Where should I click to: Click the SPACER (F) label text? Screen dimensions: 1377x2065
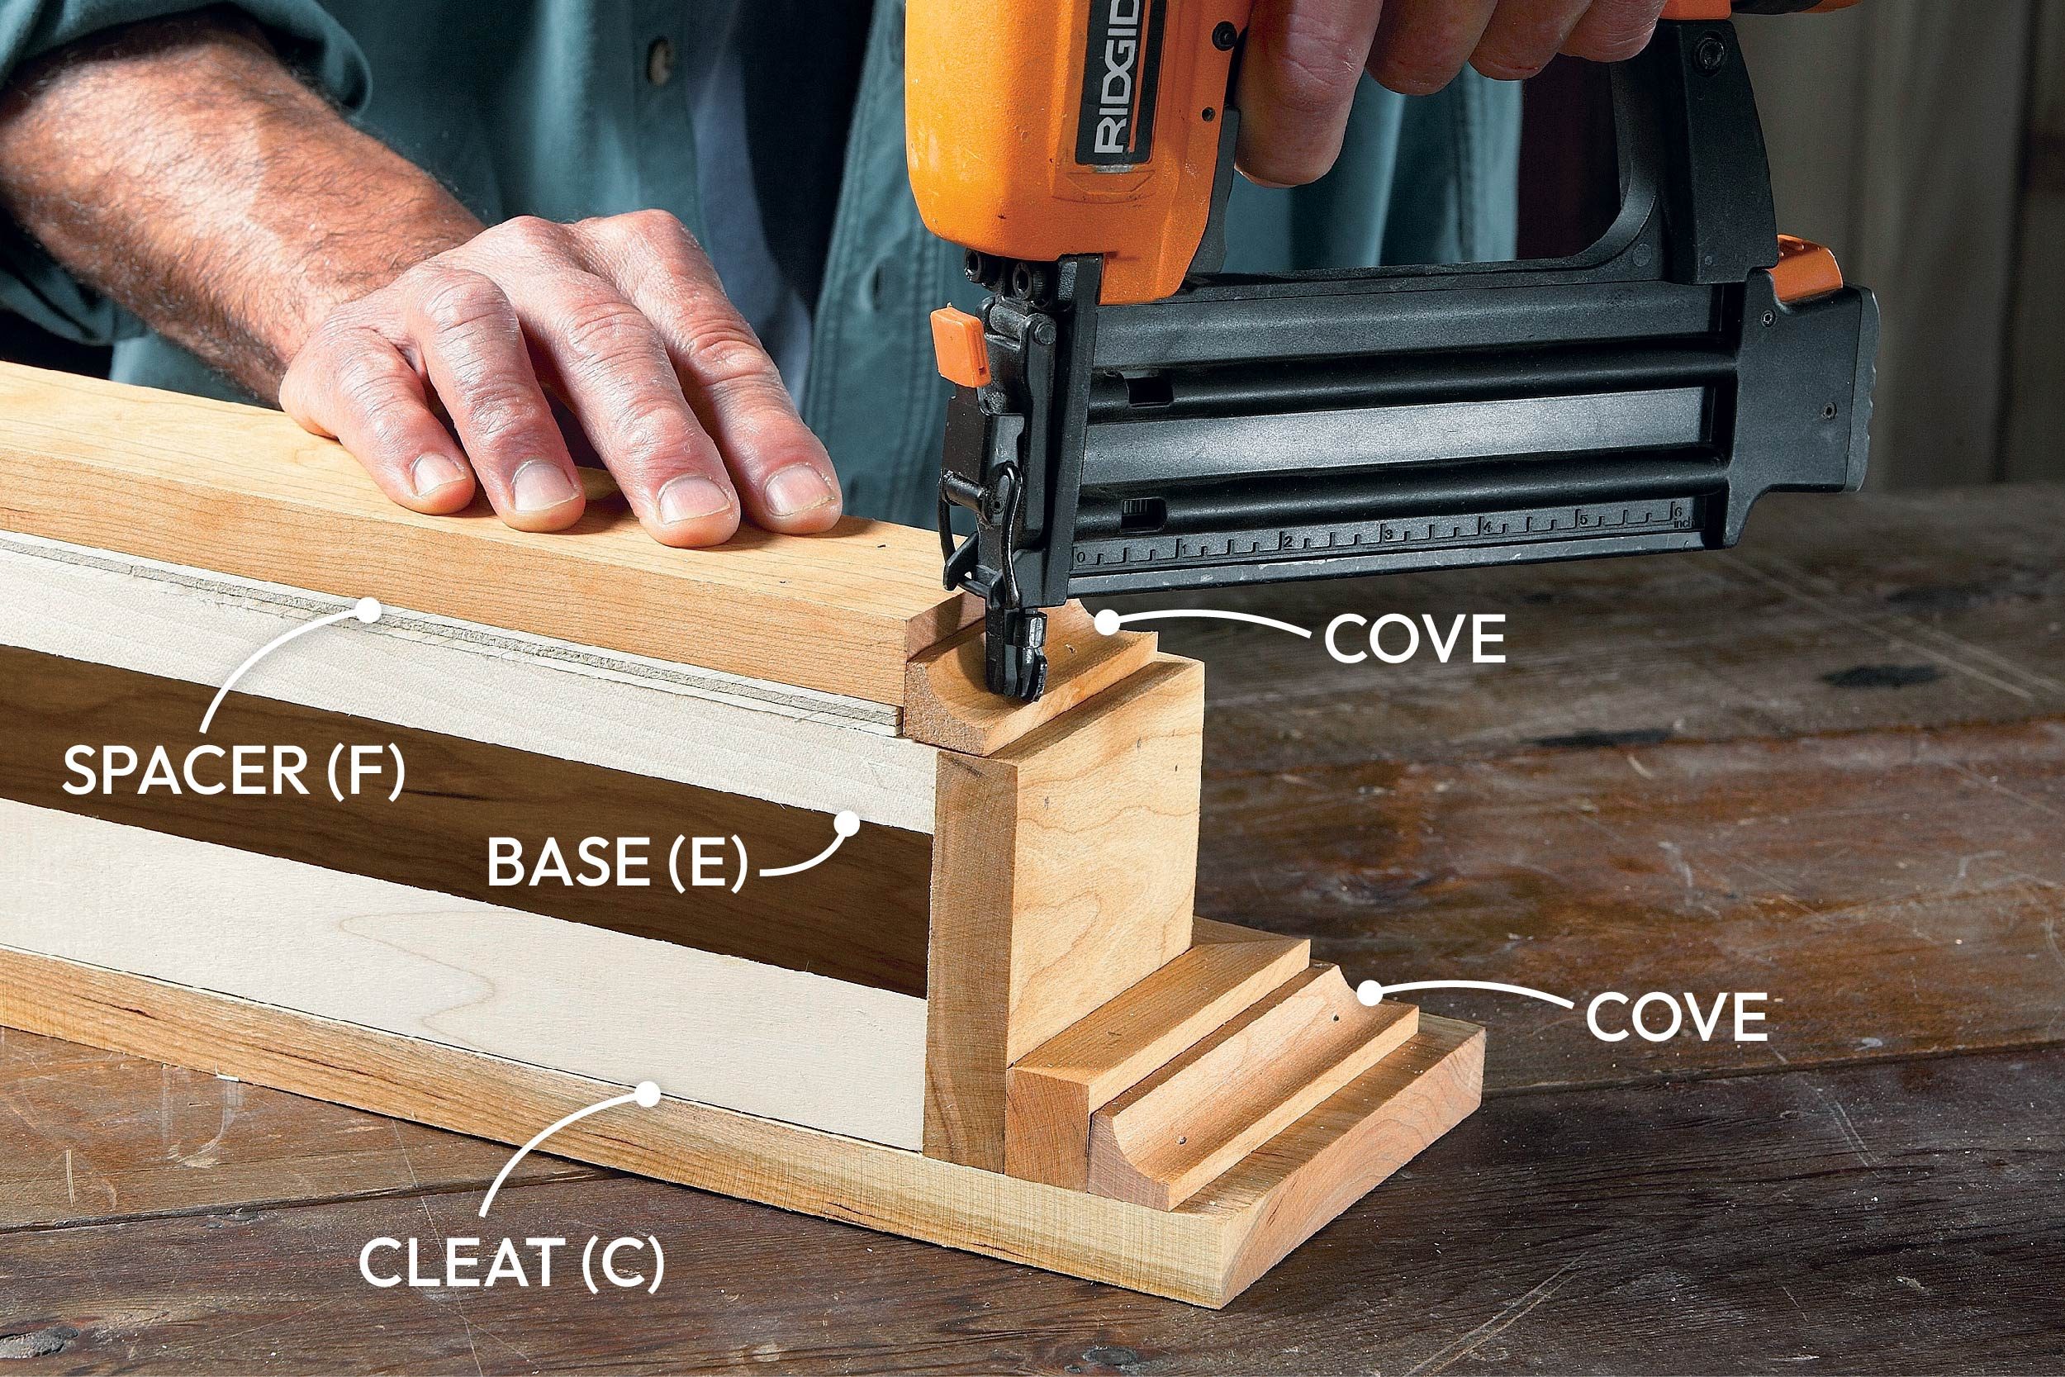[x=235, y=770]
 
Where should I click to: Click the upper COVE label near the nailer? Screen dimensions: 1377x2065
[x=1414, y=640]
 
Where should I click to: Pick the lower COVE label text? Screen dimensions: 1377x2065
[x=1676, y=1018]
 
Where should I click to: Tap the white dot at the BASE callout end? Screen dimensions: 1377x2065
[x=847, y=824]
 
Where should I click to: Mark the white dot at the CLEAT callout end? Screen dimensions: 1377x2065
[x=647, y=1094]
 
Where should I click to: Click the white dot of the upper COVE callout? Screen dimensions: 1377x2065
[x=1108, y=623]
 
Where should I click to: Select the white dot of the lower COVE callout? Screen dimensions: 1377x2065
[x=1368, y=993]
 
